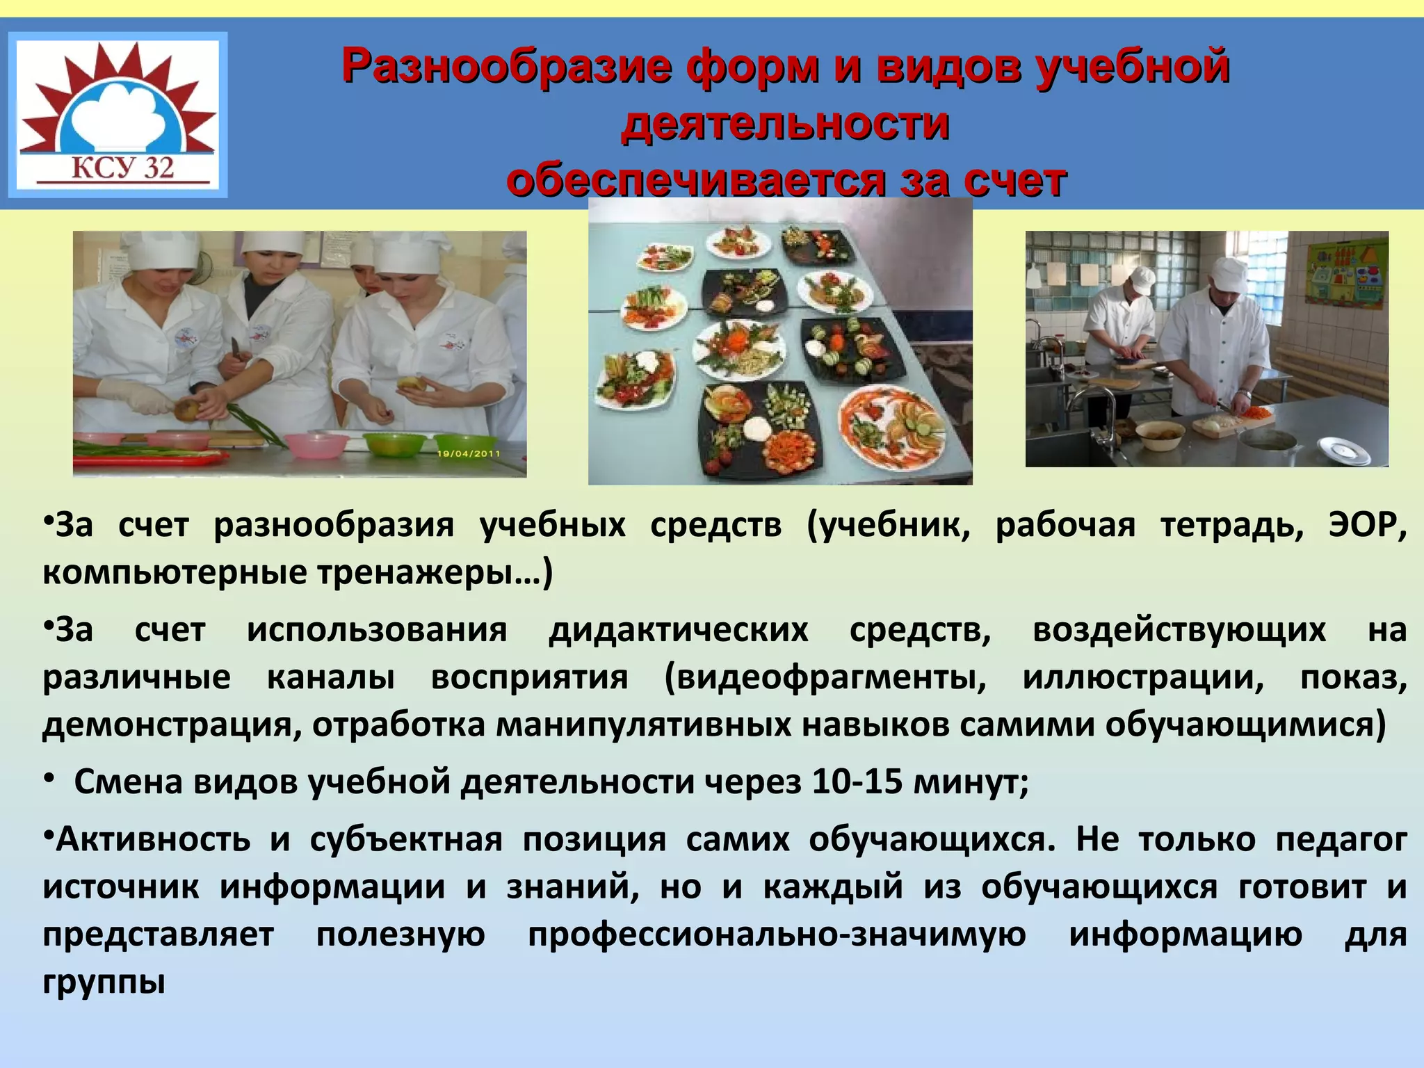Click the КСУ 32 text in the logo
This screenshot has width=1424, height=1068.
122,168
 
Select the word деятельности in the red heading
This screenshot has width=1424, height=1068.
785,124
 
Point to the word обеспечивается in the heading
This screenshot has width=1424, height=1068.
696,180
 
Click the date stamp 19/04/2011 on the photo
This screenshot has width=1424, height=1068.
469,453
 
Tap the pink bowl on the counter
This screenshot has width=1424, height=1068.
317,445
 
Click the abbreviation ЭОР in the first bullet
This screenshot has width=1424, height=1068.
1366,525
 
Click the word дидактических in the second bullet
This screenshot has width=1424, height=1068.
679,630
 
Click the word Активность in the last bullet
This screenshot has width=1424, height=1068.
153,839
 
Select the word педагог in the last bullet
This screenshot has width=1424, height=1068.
1341,839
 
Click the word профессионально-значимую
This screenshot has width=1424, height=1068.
777,934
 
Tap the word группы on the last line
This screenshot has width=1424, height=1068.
104,982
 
